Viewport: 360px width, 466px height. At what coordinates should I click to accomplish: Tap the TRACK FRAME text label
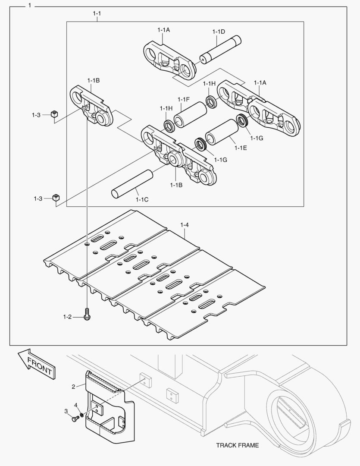[x=237, y=445]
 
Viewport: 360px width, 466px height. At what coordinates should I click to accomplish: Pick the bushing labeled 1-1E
[x=222, y=132]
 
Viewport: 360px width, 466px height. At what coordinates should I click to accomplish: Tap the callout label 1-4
[x=185, y=225]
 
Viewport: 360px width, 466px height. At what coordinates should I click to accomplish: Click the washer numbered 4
[x=81, y=415]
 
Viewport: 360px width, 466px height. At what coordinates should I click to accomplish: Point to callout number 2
[x=73, y=386]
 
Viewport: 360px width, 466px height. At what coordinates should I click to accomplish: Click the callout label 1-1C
[x=142, y=199]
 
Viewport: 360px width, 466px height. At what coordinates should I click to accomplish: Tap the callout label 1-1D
[x=219, y=31]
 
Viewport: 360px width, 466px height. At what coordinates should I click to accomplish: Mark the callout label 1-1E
[x=241, y=148]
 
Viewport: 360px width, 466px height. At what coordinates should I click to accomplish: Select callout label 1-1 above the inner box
[x=97, y=13]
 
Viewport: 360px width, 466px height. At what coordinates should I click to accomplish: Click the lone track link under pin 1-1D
[x=169, y=60]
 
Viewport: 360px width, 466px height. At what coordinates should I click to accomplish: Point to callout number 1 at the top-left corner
[x=29, y=6]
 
